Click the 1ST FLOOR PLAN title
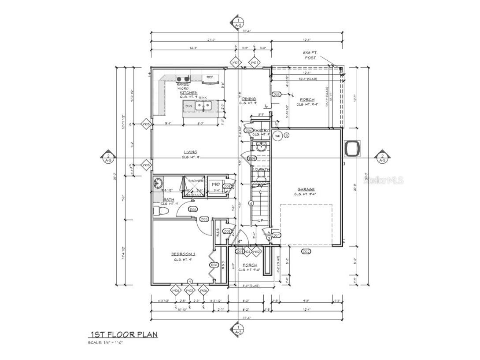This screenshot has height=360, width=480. click(x=124, y=334)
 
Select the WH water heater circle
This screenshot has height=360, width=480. click(x=277, y=136)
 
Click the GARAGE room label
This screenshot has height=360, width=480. click(x=306, y=190)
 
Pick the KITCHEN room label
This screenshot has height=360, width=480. click(x=188, y=93)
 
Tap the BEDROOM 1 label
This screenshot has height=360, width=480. click(x=183, y=254)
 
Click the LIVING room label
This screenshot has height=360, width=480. click(x=190, y=152)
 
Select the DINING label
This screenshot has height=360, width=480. click(x=249, y=99)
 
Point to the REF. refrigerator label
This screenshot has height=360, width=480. click(x=210, y=77)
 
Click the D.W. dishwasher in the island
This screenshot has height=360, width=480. click(x=189, y=106)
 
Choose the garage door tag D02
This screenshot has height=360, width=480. click(x=306, y=251)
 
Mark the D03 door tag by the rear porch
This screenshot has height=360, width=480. click(x=277, y=95)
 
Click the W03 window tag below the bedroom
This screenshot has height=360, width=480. click(x=189, y=290)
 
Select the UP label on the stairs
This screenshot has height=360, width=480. click(x=260, y=220)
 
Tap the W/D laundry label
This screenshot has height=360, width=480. click(x=216, y=184)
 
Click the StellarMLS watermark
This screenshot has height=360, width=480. click(x=386, y=180)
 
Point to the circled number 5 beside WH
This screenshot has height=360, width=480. click(x=286, y=136)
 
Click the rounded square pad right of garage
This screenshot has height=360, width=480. click(x=353, y=149)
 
